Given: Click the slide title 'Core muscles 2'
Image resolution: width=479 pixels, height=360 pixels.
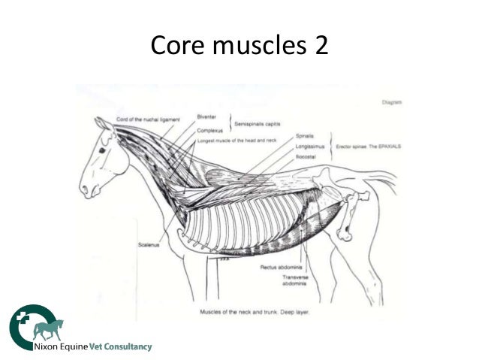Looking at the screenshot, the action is coord(239,47).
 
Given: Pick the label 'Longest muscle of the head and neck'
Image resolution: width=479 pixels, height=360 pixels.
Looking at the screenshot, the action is coord(236,141).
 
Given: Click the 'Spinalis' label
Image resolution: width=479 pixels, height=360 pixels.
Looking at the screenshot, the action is coord(306,137).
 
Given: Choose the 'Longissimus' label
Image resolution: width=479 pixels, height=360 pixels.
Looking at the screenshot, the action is coord(309,147).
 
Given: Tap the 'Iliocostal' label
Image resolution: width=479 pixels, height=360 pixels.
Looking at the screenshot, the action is coord(306,159).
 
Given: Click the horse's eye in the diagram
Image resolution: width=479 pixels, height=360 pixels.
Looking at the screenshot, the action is coord(101,150).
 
